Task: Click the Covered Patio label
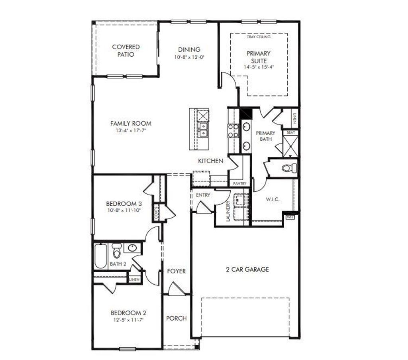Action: coord(126,51)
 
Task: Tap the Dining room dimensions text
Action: coord(189,57)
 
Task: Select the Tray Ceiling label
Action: coord(259,37)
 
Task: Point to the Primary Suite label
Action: coord(259,57)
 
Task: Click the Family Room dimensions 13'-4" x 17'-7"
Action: coord(131,130)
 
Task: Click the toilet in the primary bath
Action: coord(288,168)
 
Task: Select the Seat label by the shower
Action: coord(290,132)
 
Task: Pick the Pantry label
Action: coord(239,183)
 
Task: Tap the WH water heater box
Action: coord(290,217)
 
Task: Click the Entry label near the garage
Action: coord(203,195)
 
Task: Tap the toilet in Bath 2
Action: coord(116,252)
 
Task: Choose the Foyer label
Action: coord(176,271)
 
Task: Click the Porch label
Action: coord(176,318)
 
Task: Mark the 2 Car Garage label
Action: coord(245,270)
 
